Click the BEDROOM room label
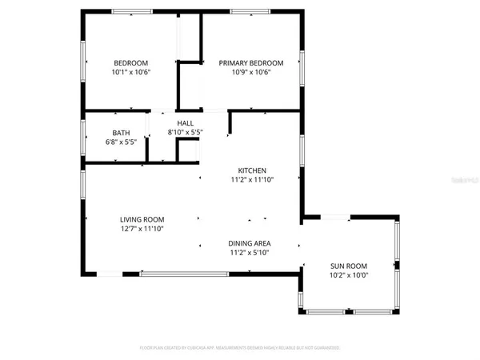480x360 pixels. (x=131, y=63)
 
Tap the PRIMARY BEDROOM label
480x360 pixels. (x=251, y=63)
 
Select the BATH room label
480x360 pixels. (x=121, y=133)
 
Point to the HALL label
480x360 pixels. (x=186, y=122)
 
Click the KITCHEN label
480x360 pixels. (x=252, y=170)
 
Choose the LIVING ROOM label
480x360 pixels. (x=142, y=220)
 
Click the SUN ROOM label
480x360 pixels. (x=349, y=266)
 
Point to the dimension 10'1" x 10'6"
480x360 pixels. (x=131, y=72)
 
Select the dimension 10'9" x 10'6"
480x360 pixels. (x=251, y=72)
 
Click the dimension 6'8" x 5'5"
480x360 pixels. (x=121, y=142)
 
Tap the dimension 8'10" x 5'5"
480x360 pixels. (x=186, y=131)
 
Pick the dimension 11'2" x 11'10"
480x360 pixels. (x=252, y=180)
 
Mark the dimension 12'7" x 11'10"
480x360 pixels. (x=142, y=230)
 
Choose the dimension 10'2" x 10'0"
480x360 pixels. (x=349, y=275)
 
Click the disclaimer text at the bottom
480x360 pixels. (x=240, y=348)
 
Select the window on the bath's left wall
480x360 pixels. (x=84, y=136)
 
